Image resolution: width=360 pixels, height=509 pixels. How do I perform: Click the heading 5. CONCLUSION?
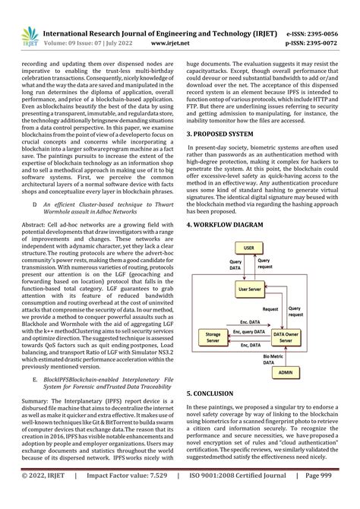coord(215,394)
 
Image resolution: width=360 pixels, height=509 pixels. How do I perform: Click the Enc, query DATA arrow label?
coord(250,333)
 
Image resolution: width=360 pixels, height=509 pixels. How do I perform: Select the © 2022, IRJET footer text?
coord(38,496)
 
